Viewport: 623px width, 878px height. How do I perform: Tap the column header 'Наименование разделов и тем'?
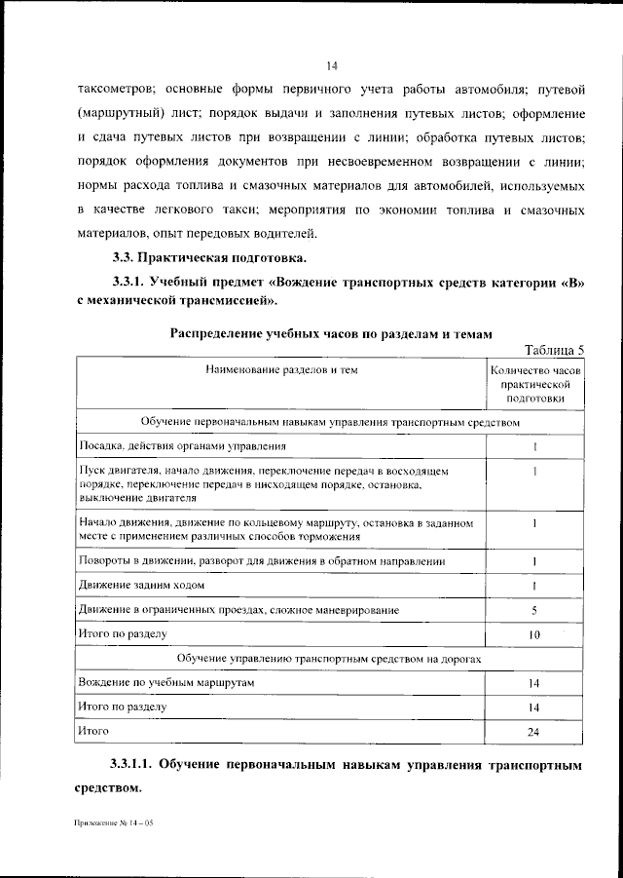click(278, 370)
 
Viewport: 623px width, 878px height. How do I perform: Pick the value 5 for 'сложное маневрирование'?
click(534, 610)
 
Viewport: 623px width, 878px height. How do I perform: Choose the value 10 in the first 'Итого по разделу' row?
click(534, 634)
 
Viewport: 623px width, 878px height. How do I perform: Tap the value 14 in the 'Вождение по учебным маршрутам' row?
click(534, 683)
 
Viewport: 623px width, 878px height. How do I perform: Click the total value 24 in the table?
click(534, 731)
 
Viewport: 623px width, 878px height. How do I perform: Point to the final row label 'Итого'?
click(93, 730)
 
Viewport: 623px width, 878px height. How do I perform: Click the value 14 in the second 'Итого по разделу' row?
click(534, 706)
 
